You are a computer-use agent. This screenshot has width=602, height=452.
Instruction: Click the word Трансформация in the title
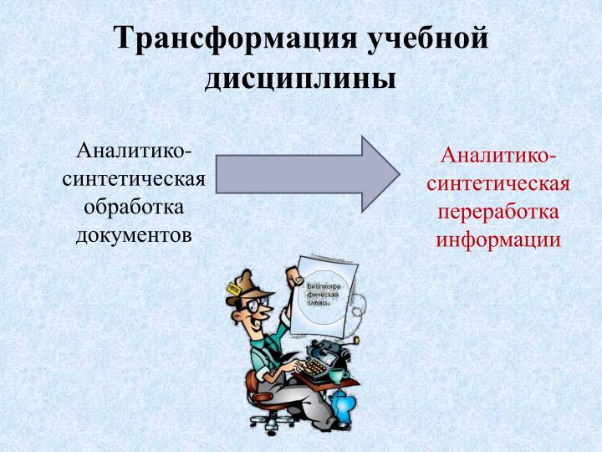[227, 39]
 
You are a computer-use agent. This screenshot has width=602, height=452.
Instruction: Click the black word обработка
[134, 206]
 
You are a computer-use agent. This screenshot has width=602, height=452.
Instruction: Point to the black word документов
[134, 234]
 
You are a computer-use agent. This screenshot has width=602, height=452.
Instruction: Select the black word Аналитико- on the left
[134, 152]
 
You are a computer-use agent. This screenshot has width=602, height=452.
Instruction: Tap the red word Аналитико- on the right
[498, 157]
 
